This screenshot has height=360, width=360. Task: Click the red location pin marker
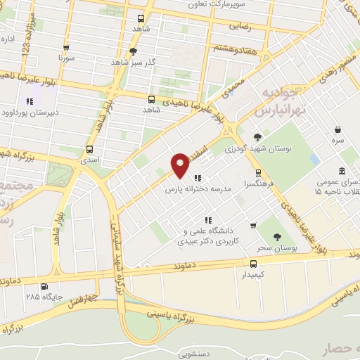180,165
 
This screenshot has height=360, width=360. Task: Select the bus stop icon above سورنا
67,49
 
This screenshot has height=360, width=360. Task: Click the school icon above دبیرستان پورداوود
30,101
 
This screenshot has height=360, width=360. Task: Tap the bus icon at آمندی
89,149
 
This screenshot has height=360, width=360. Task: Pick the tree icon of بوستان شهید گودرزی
257,137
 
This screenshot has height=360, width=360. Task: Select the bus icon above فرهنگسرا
258,172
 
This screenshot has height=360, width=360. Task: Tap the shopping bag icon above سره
339,129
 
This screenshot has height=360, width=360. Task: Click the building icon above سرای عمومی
342,172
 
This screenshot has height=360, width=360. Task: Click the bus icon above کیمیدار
254,264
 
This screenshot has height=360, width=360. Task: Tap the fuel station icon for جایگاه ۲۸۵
45,286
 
